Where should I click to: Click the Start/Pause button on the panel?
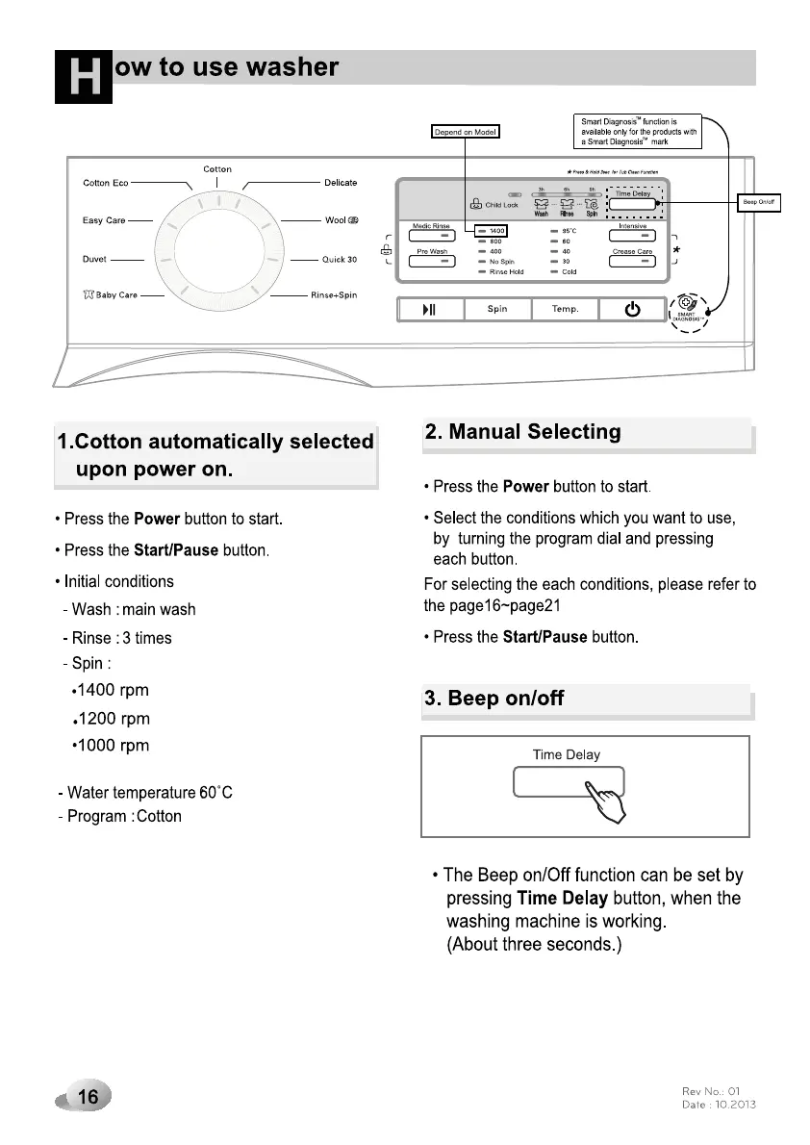coord(430,309)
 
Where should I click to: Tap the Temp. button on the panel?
coord(565,309)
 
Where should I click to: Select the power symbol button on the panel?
coord(632,309)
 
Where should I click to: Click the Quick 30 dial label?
coord(339,259)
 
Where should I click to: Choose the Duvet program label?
coord(93,259)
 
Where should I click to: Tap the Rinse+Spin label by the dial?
coord(333,295)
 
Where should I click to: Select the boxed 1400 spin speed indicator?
coord(494,231)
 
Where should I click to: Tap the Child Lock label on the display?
coord(501,205)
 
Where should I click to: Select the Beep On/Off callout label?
coord(759,202)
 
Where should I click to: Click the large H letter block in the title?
coord(85,77)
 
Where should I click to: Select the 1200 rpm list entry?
coord(114,719)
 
